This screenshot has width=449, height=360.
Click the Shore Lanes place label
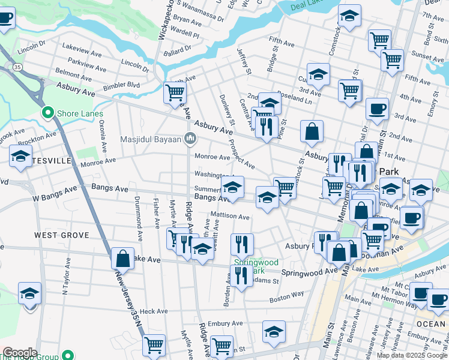coord(79,113)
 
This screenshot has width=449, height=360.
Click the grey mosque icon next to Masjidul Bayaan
coord(190,139)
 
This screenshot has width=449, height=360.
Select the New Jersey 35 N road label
coord(128,298)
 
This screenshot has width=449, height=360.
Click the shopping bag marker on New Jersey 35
coord(123,259)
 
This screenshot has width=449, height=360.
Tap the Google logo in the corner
coord(20,352)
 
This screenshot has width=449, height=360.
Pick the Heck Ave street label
coord(153,311)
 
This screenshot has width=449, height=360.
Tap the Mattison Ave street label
coord(230,216)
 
